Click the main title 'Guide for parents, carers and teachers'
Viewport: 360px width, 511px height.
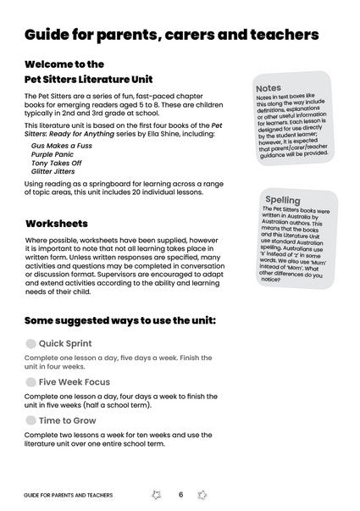point(171,35)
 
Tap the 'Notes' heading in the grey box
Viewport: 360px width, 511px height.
point(269,87)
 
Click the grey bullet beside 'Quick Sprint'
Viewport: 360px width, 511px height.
point(30,343)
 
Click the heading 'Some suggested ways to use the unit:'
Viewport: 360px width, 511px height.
point(119,321)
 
